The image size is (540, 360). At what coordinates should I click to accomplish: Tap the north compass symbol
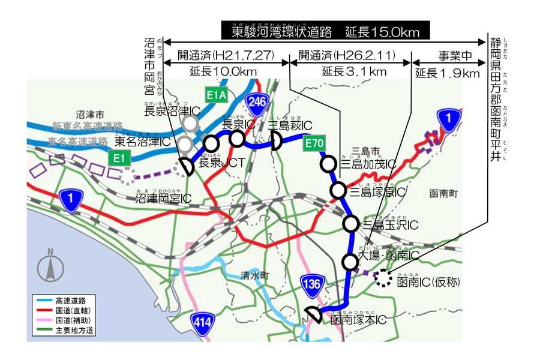pos(50,266)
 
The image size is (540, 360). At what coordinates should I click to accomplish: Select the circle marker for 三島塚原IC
pos(338,191)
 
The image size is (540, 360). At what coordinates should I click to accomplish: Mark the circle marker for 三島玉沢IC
pos(351,224)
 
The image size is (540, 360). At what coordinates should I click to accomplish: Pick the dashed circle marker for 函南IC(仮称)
pos(382,278)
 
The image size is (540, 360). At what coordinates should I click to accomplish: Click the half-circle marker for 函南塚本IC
pos(313,314)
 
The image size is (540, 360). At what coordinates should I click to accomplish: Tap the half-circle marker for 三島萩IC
pos(276,142)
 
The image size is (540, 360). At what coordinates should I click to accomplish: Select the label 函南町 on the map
pos(443,194)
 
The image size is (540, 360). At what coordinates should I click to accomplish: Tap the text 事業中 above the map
pos(454,55)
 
